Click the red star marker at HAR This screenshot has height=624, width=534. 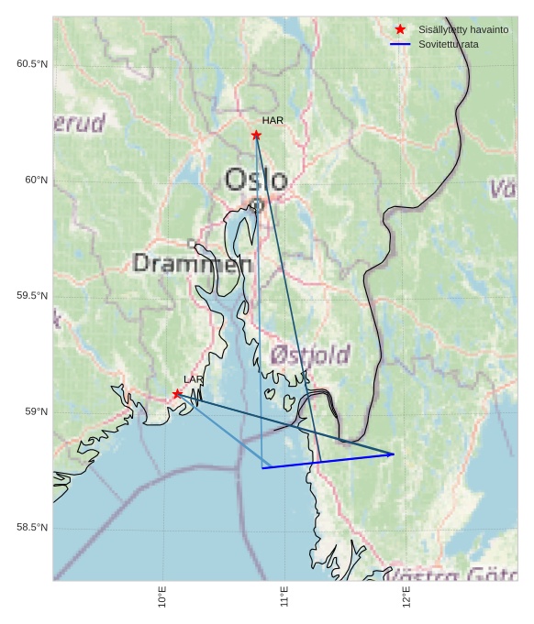coord(256,136)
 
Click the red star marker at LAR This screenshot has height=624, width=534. coord(177,394)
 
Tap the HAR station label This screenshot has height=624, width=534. coord(273,120)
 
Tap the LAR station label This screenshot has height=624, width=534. coord(194,379)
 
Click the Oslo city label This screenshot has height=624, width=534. coord(256,180)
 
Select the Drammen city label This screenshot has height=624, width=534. coord(193,264)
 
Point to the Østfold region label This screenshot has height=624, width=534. coord(310,355)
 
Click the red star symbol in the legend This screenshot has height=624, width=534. coord(400,30)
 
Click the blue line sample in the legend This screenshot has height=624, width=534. coord(400,44)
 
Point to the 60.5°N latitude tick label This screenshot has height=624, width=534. coord(31,64)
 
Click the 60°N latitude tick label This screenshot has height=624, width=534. coord(36,181)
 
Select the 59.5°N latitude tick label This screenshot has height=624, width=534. coord(31,296)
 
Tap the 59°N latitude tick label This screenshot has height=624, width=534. coord(36,412)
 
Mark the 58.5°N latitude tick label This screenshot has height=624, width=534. coord(31,528)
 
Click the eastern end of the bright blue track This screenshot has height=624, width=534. coord(394,454)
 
